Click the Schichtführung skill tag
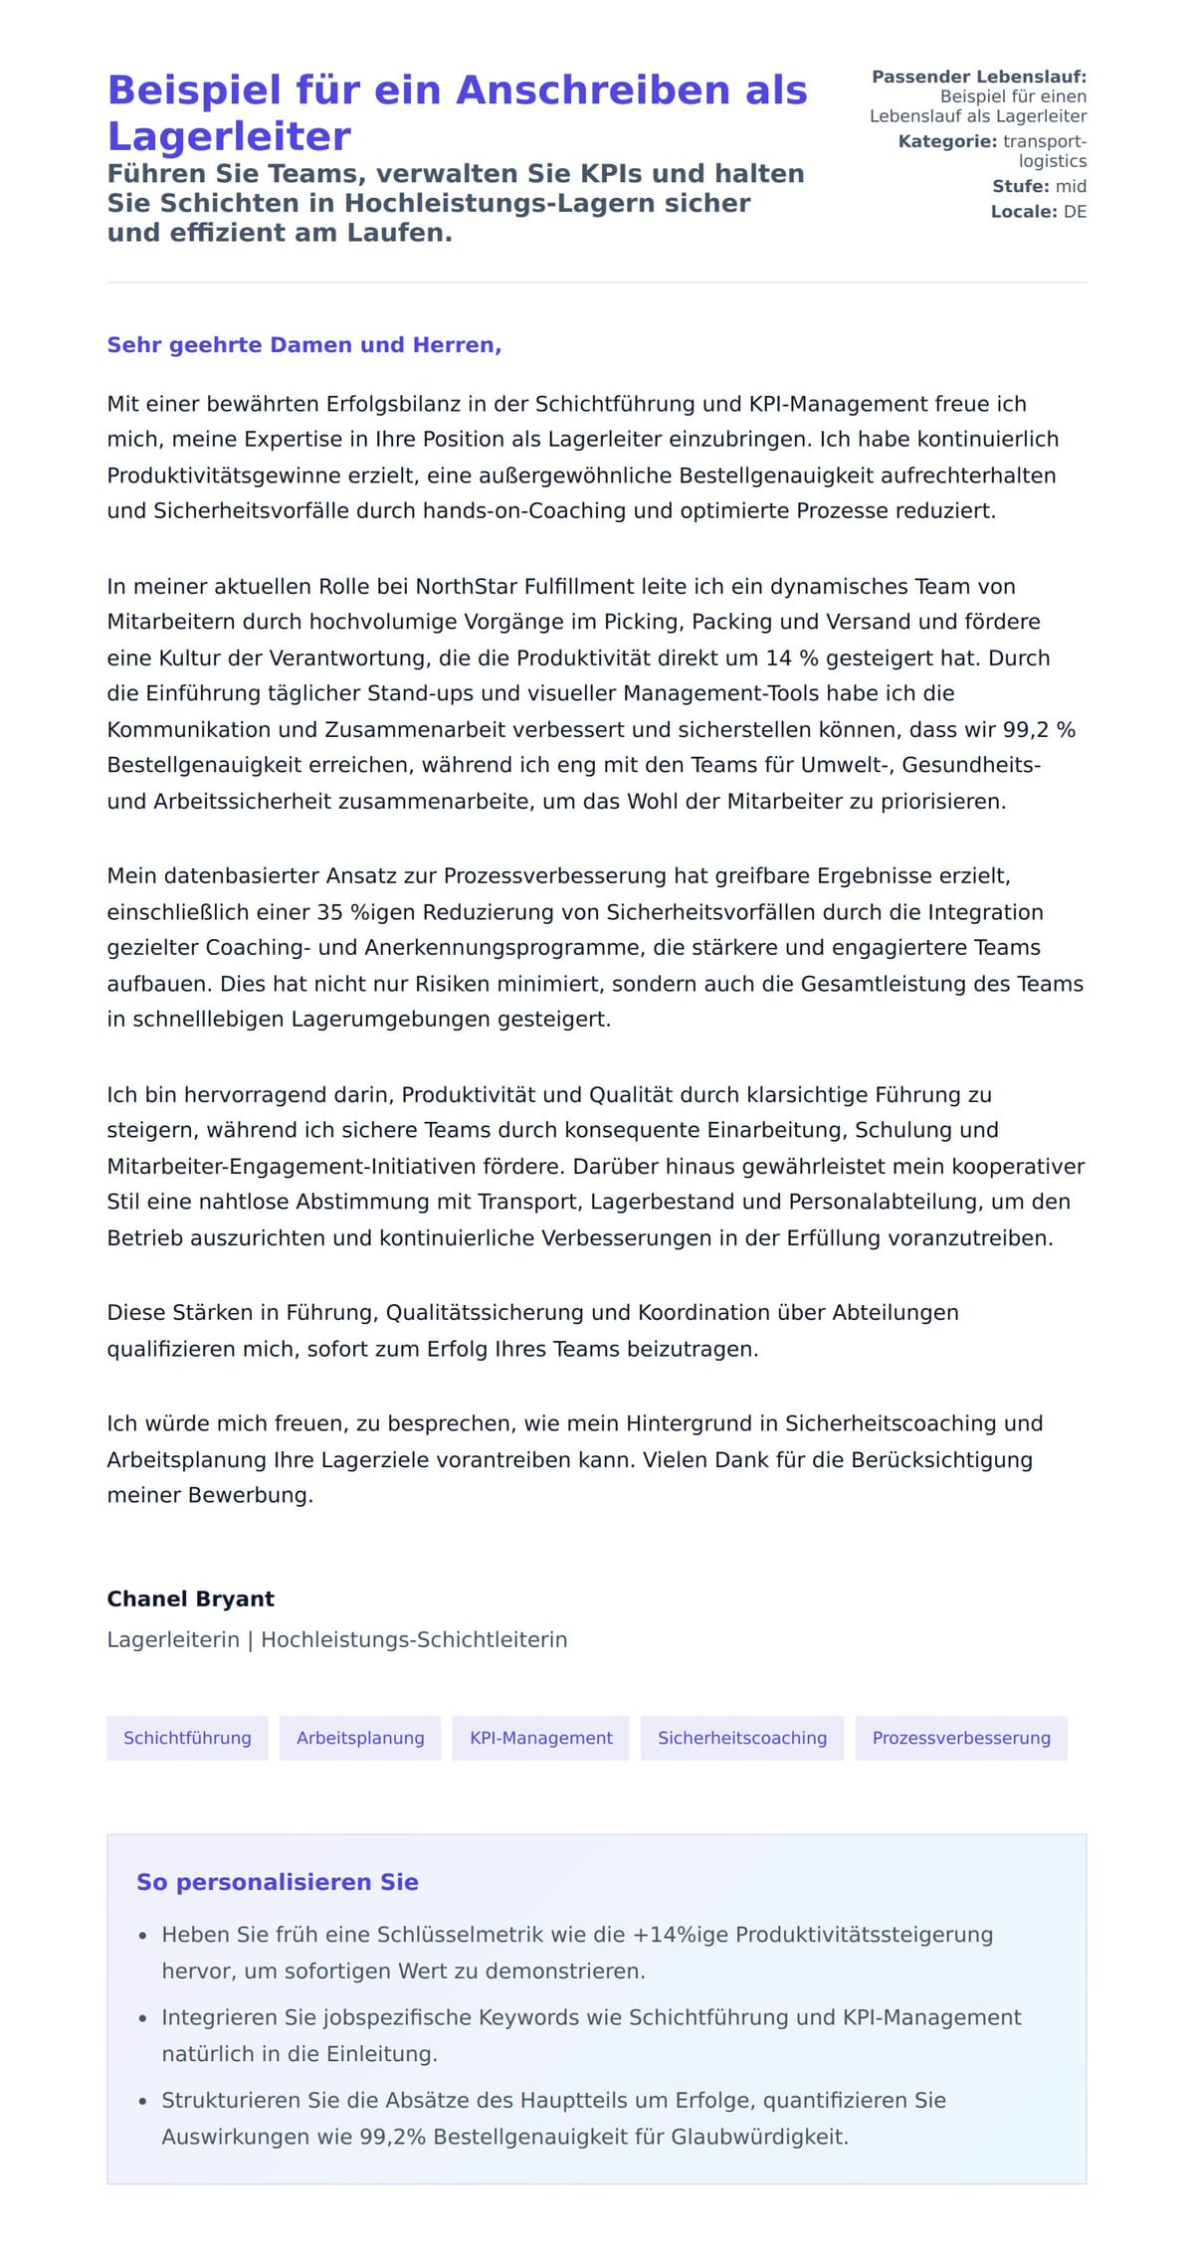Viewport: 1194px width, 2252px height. [187, 1738]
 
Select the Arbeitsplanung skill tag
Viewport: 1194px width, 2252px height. [360, 1738]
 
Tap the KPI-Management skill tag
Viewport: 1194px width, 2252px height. [540, 1738]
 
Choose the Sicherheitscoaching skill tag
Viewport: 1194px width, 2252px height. [741, 1738]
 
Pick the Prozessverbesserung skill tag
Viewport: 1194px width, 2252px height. [961, 1738]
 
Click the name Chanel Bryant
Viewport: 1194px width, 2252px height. [190, 1598]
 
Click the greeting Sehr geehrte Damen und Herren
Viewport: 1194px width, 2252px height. [303, 345]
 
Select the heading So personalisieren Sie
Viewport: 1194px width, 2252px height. [277, 1882]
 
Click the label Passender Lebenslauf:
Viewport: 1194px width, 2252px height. [978, 77]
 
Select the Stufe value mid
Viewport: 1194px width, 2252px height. [1071, 186]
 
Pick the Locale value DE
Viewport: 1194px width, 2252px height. [1075, 211]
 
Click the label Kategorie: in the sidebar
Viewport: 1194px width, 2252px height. [946, 141]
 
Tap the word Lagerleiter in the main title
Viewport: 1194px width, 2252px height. [229, 136]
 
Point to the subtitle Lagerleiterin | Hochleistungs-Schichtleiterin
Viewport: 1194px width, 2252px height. [336, 1639]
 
